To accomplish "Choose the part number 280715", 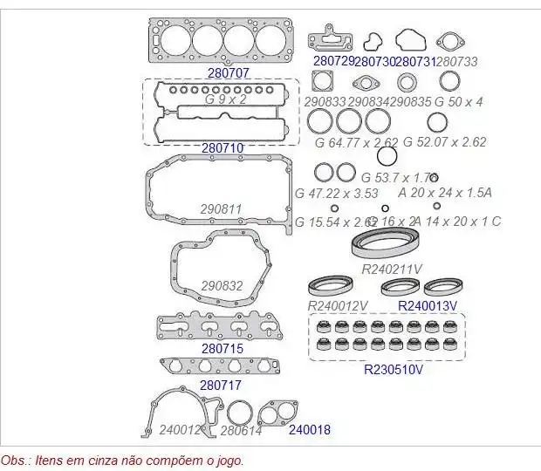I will coord(222,349).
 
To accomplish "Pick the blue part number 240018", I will coord(309,429).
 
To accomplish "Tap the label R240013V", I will coord(428,305).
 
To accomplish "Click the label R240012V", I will coord(338,306).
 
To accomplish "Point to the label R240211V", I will coord(392,269).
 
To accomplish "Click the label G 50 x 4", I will coord(459,102).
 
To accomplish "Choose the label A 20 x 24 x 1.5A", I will coord(445,193).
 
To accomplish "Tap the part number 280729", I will coord(333,61).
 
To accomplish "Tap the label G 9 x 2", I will coord(226,99).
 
